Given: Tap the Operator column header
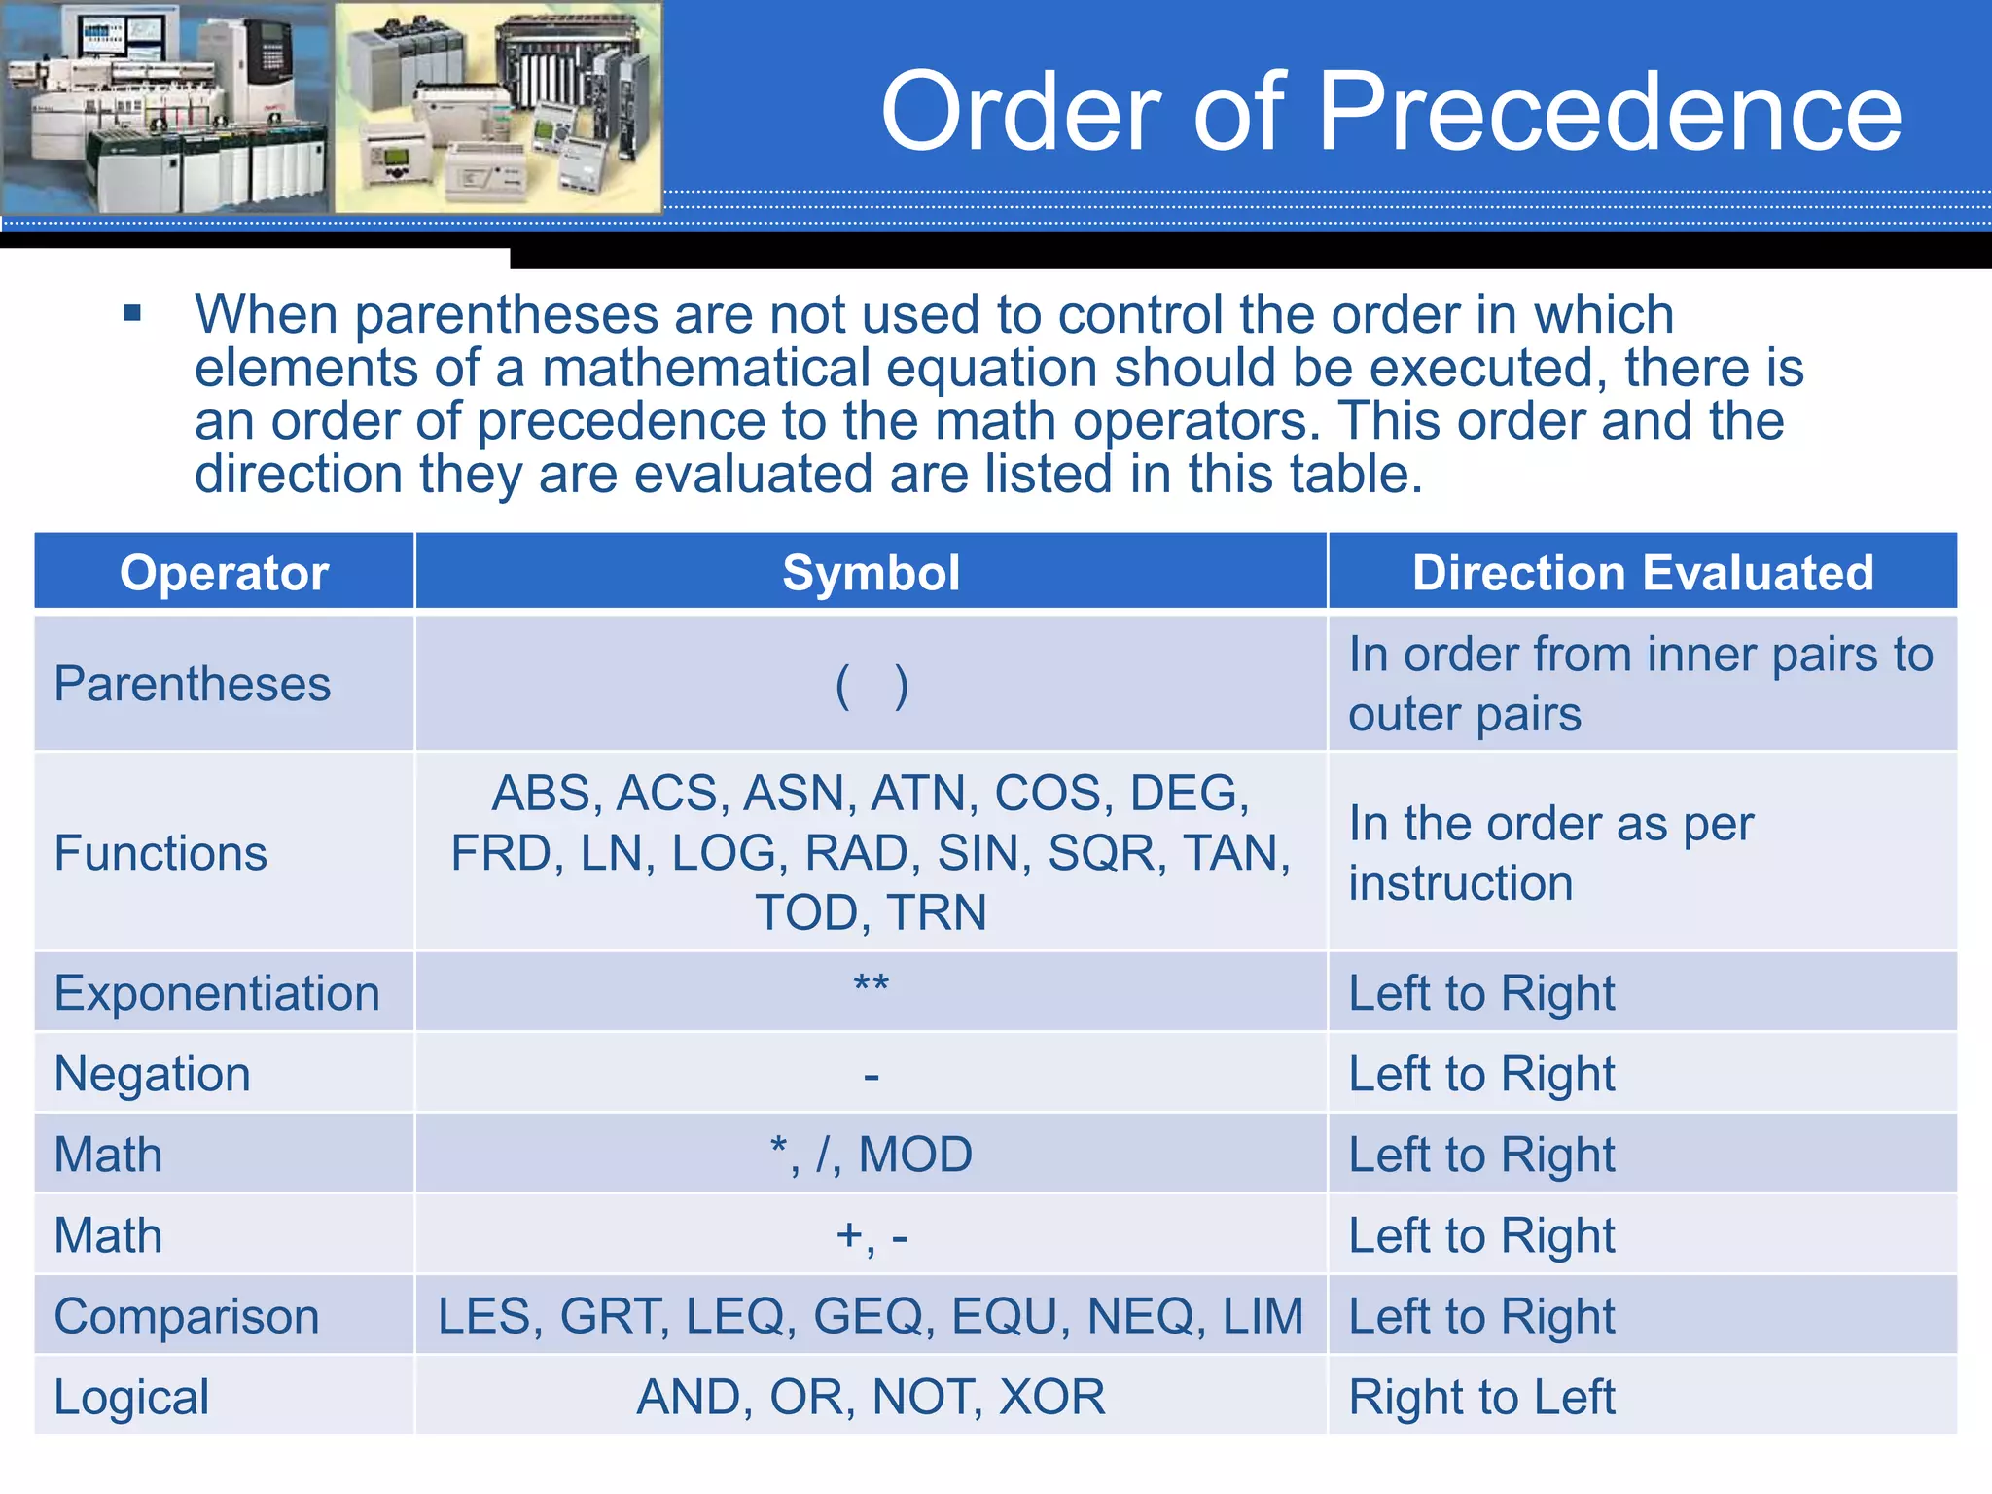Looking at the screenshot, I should click(224, 573).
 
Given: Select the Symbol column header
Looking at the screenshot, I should click(871, 573).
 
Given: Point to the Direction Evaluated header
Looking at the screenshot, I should click(1642, 573).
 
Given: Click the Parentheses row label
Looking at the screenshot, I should click(193, 684).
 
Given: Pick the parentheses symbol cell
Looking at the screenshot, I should click(871, 686).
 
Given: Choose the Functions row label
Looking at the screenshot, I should click(160, 853).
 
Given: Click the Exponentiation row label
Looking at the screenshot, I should click(217, 993).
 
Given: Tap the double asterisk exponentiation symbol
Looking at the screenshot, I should click(871, 985).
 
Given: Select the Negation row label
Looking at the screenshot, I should click(153, 1074).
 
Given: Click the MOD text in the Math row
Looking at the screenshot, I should click(915, 1155).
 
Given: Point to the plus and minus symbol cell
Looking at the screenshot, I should click(871, 1236).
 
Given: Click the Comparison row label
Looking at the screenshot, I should click(187, 1316).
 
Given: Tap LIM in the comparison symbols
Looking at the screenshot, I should click(1263, 1316).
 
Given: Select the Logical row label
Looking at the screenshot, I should click(131, 1397).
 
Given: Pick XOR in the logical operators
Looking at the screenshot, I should click(1052, 1397).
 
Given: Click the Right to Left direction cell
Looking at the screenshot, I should click(1481, 1397).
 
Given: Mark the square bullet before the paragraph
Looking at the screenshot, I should click(133, 314).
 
